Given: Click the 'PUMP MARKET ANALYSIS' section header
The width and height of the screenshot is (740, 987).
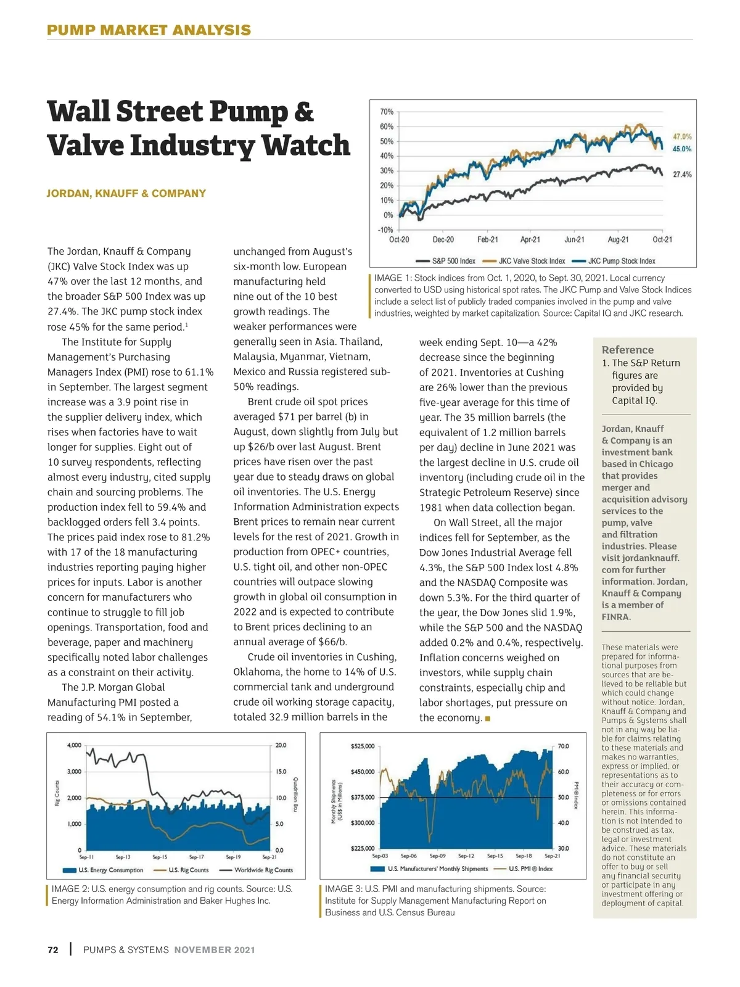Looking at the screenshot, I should [149, 30].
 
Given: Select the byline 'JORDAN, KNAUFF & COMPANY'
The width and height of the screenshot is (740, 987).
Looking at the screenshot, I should [126, 193].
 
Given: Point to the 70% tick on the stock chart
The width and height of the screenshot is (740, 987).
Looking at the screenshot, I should [387, 112].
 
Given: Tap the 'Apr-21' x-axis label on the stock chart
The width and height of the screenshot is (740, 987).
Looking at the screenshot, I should [530, 239].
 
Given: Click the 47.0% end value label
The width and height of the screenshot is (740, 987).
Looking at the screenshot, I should [682, 136].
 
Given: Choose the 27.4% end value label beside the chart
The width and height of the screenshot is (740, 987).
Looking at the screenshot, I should [682, 175].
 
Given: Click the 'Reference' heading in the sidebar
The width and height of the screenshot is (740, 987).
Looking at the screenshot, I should [628, 349].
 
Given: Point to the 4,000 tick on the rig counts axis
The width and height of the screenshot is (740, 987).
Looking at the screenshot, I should [74, 745].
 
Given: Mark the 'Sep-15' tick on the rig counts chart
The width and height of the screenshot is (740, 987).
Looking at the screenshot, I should [160, 857].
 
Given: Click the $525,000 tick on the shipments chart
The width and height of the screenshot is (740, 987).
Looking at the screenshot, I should [363, 746].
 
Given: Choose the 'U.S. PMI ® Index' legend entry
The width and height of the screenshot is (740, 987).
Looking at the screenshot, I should [530, 869].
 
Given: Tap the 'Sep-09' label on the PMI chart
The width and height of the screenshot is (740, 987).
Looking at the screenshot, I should [438, 856].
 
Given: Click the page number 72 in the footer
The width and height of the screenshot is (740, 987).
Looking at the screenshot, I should [53, 949].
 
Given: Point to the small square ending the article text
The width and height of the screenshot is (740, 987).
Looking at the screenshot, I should [488, 718].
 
